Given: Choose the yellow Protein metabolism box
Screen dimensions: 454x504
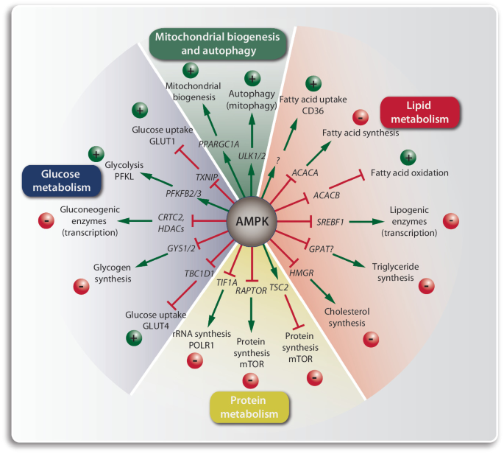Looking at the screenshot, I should (249, 407).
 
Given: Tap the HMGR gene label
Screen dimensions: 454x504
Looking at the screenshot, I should (301, 273).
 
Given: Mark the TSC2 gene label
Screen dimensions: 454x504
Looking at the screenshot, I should (278, 286).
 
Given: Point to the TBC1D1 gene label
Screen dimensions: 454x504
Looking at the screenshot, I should (199, 273).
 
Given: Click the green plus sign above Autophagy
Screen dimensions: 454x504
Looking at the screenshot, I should (252, 78).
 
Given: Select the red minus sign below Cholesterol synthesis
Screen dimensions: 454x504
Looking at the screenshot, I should (372, 339).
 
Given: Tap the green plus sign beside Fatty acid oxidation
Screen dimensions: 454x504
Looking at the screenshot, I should (410, 157).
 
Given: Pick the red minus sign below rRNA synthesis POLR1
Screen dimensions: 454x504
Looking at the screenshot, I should (195, 360).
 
